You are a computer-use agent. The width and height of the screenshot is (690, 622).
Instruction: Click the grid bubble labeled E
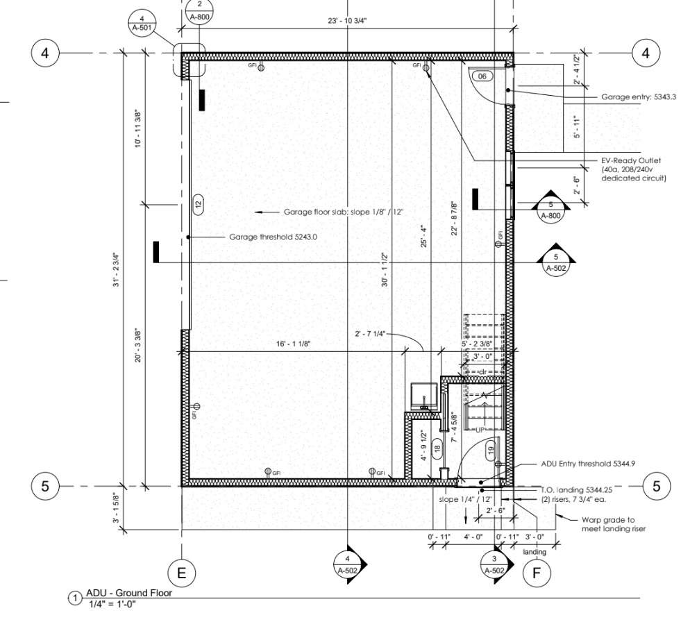point(182,573)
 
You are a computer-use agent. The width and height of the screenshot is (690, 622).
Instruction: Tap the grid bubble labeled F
point(535,573)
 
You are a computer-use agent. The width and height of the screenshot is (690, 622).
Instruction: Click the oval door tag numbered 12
point(198,203)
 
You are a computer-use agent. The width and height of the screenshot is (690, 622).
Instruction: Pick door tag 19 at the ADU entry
point(491,449)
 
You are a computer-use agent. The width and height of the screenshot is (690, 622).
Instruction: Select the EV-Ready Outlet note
point(634,169)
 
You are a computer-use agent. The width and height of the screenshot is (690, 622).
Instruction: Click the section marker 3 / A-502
point(494,564)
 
